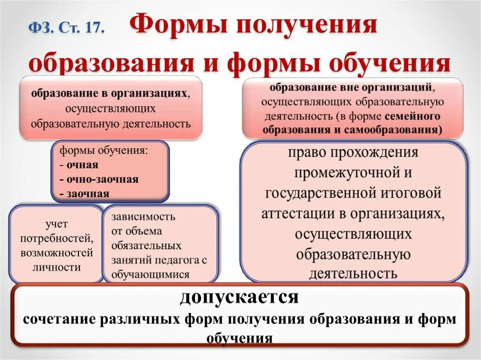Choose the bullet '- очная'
pyautogui.click(x=79, y=165)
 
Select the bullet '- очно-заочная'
pyautogui.click(x=99, y=179)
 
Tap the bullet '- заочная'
pyautogui.click(x=85, y=193)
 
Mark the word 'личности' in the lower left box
pyautogui.click(x=56, y=268)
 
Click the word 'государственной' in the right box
pyautogui.click(x=319, y=193)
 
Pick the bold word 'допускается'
pyautogui.click(x=239, y=298)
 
